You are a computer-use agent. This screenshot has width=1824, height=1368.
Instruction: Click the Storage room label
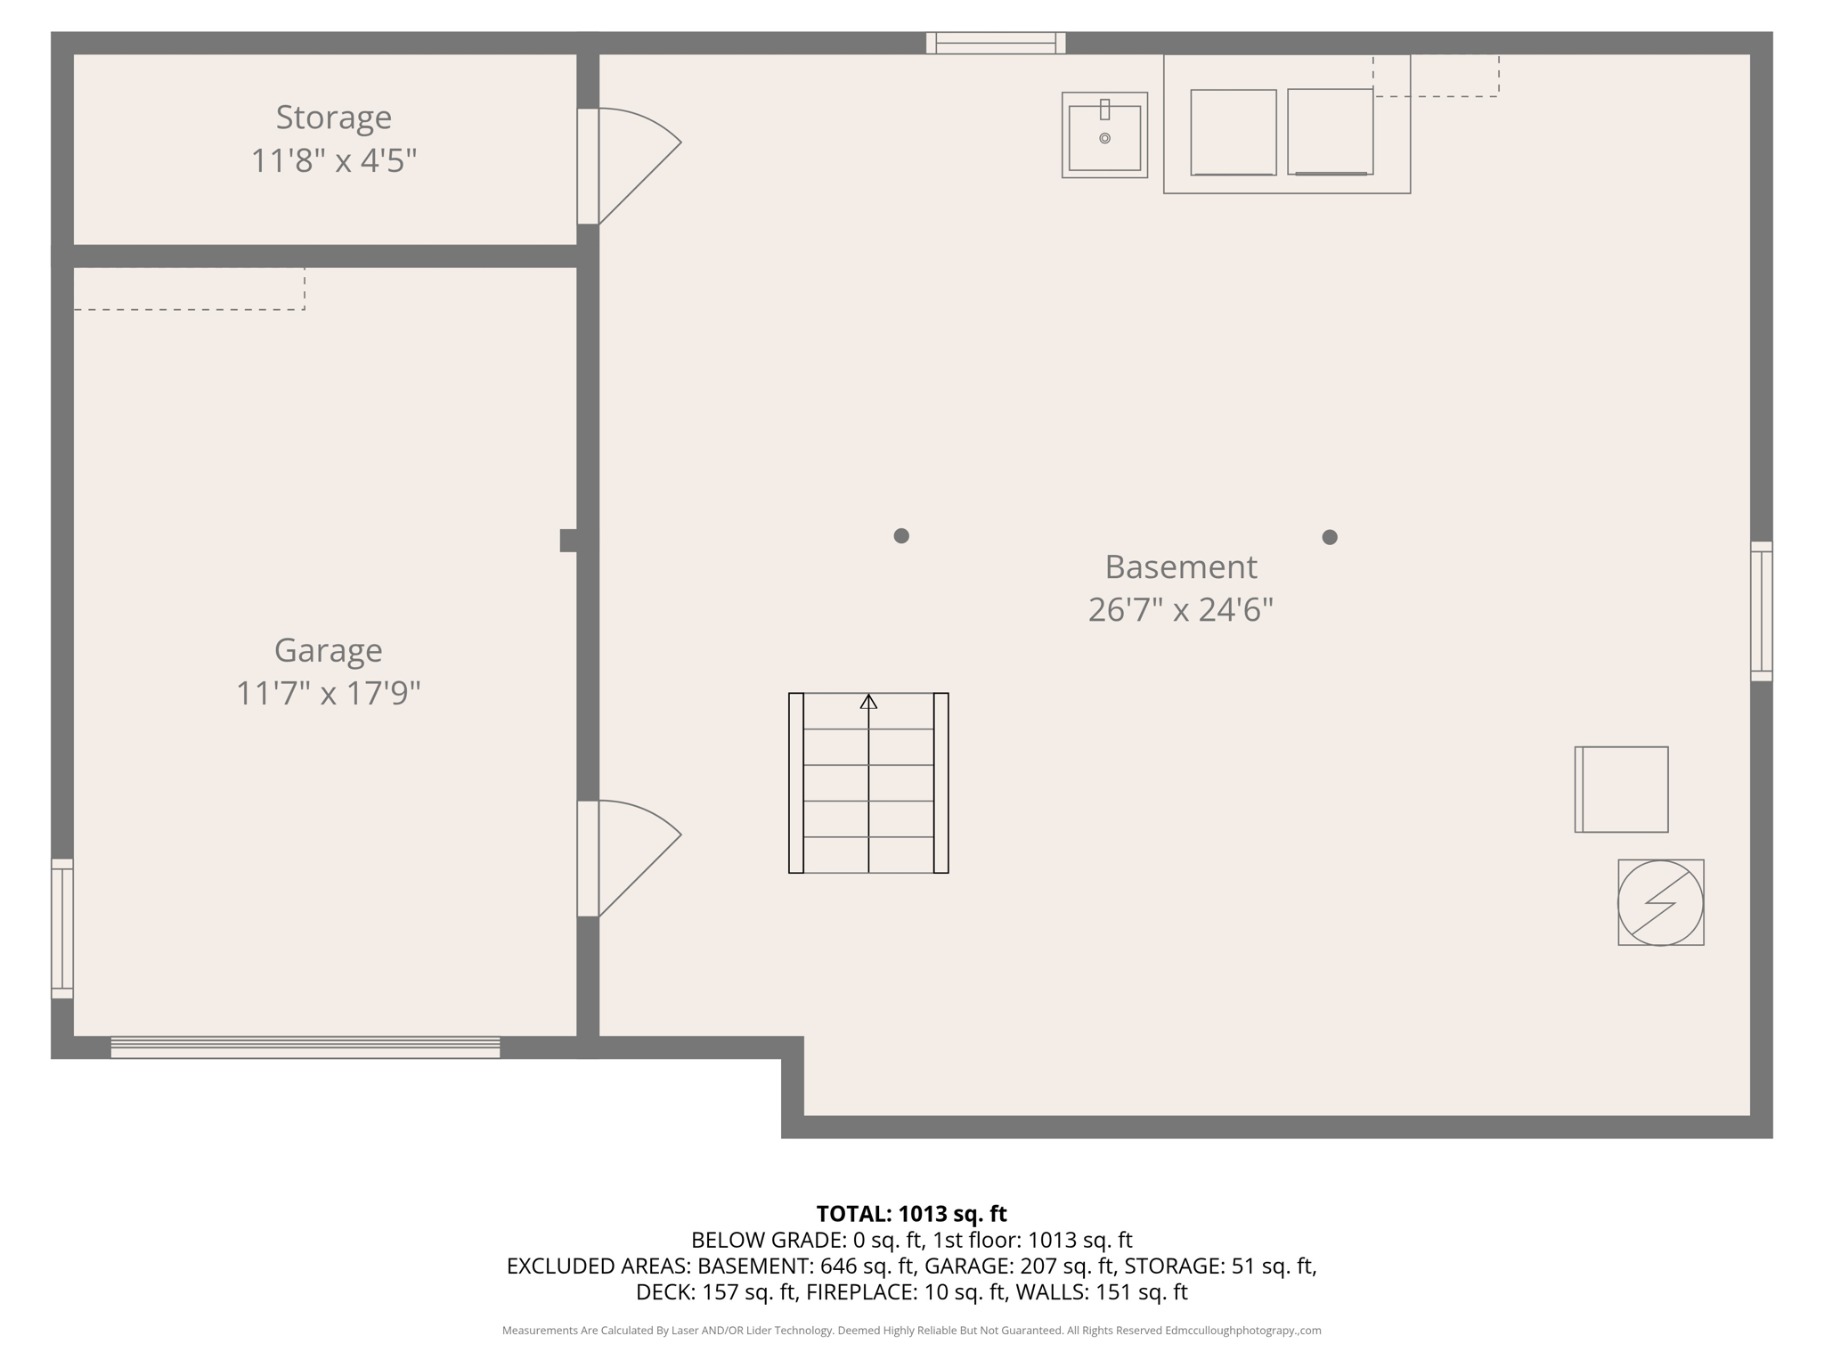tap(333, 118)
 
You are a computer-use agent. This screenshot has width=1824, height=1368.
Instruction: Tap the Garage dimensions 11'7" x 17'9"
tap(328, 693)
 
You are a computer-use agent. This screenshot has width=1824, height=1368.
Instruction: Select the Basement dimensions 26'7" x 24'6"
tap(1180, 610)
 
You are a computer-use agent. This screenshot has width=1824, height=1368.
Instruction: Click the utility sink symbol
tap(1104, 135)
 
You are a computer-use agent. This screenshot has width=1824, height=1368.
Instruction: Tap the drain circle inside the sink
tap(1104, 138)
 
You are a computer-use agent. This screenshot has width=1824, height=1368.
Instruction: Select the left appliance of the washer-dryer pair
tap(1234, 132)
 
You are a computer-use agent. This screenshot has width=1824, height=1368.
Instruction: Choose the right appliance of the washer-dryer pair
tap(1330, 132)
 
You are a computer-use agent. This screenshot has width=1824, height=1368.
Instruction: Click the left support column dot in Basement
tap(901, 535)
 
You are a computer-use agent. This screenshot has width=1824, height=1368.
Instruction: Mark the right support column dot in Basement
tap(1330, 537)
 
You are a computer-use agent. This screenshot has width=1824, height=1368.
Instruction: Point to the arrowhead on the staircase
tap(868, 702)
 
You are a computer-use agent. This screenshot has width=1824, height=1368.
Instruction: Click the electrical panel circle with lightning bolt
tap(1660, 902)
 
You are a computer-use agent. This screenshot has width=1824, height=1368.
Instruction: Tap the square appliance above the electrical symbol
tap(1621, 789)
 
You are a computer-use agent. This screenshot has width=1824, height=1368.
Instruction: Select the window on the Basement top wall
tap(996, 43)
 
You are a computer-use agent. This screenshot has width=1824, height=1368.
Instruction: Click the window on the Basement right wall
tap(1761, 611)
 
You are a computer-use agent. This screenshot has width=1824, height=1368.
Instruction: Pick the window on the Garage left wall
tap(62, 928)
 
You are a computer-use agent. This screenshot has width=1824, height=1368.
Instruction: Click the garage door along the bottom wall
tap(305, 1047)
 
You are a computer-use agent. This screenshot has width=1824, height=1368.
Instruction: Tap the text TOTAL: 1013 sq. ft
tap(911, 1214)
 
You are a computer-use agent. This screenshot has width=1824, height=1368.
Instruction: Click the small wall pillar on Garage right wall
tap(568, 540)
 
